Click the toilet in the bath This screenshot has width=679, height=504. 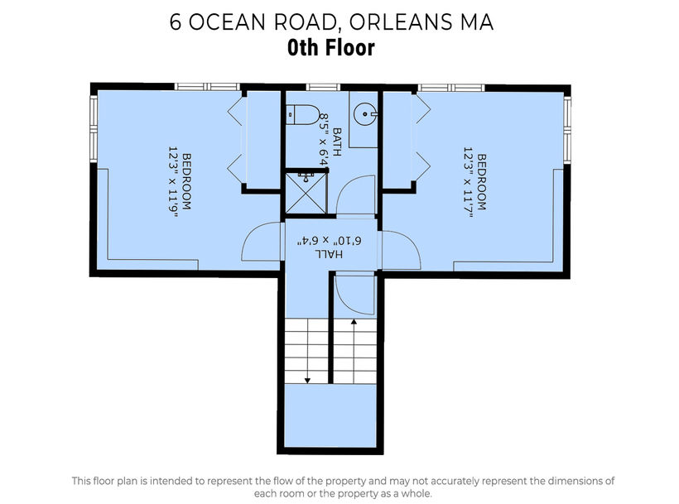tap(303, 115)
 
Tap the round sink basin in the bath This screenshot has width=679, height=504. tap(364, 113)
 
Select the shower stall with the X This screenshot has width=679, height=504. tap(306, 193)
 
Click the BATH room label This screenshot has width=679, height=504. tap(337, 142)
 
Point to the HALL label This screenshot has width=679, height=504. tap(329, 254)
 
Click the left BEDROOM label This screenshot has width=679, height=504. tap(186, 182)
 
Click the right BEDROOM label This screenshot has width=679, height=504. tap(482, 182)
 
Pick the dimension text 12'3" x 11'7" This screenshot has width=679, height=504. tap(468, 182)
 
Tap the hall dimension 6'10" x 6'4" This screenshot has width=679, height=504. tap(330, 241)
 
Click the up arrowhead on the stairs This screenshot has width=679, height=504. tap(354, 322)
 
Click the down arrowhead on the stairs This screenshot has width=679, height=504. tap(307, 380)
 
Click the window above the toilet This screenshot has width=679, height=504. tap(323, 87)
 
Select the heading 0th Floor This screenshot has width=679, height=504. tap(331, 48)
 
